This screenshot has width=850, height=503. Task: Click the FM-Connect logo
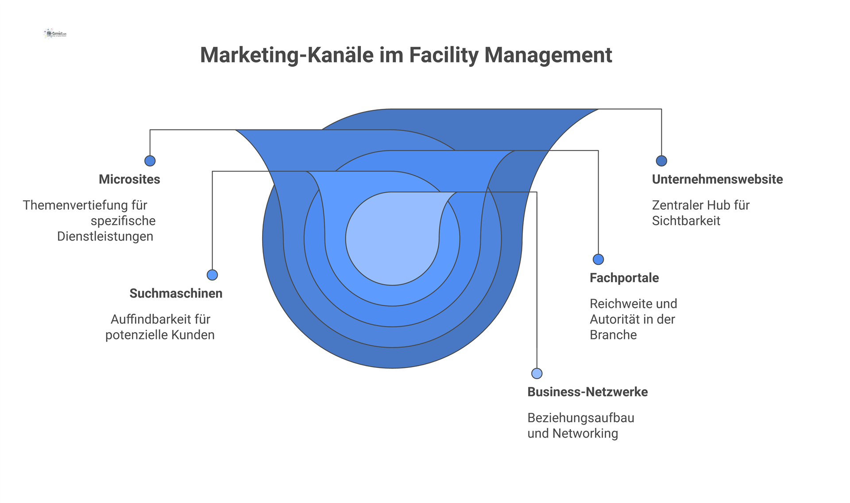click(x=56, y=34)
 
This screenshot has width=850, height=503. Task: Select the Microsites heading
click(x=129, y=179)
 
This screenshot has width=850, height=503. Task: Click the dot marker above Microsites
click(x=150, y=161)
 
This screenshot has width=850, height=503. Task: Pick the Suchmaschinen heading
click(x=176, y=293)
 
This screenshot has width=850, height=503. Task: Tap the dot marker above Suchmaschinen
click(x=212, y=275)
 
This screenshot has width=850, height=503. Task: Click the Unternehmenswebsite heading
click(x=717, y=179)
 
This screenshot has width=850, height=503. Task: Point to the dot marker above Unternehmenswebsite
click(x=661, y=161)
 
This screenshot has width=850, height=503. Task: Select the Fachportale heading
click(x=624, y=278)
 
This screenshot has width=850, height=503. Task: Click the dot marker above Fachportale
click(x=598, y=259)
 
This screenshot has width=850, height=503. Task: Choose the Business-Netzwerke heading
click(x=587, y=392)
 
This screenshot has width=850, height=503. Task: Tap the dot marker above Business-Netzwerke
click(x=537, y=373)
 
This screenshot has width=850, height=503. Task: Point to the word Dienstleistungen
click(x=105, y=236)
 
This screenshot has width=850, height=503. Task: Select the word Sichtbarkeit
click(x=686, y=221)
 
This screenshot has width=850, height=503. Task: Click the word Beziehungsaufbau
click(x=580, y=418)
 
